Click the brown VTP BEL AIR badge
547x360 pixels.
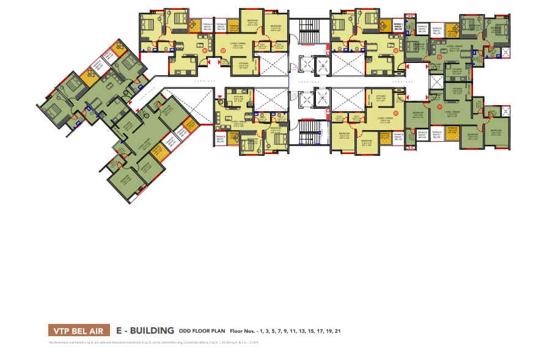tap(79, 330)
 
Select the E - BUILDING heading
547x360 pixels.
tap(145, 330)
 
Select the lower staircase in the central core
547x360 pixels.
tap(309, 131)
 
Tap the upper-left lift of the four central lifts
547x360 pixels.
tap(301, 64)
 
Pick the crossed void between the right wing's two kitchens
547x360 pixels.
tap(438, 82)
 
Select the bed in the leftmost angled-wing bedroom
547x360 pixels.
tap(54, 111)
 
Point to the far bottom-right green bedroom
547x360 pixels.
tap(497, 134)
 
